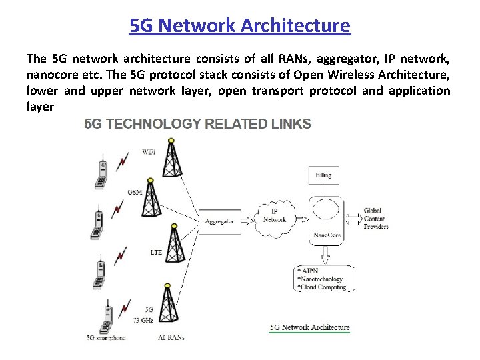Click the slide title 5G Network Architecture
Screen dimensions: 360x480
point(240,26)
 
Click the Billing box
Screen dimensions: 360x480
point(323,175)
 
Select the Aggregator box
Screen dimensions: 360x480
point(219,221)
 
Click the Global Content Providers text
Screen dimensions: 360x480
point(376,218)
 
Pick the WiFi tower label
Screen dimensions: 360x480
point(150,152)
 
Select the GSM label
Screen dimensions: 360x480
point(135,192)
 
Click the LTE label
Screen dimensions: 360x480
point(156,253)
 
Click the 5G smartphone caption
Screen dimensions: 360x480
point(107,337)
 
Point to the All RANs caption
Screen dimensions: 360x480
point(171,337)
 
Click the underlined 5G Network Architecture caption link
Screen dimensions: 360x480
point(309,327)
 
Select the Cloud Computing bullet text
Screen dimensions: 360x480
point(323,287)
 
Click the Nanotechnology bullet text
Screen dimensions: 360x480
point(321,279)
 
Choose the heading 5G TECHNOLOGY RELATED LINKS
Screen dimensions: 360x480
point(197,123)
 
